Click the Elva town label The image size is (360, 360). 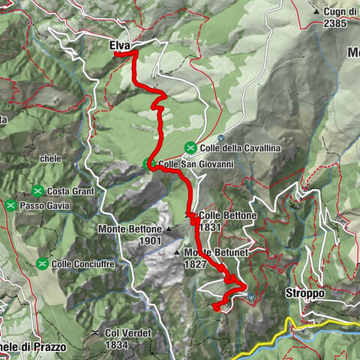pyautogui.click(x=118, y=46)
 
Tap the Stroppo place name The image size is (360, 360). pyautogui.click(x=304, y=293)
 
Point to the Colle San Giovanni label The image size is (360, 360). pyautogui.click(x=196, y=164)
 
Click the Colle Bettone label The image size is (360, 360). pyautogui.click(x=229, y=215)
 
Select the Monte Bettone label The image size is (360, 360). pyautogui.click(x=129, y=228)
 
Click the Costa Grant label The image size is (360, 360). pyautogui.click(x=73, y=191)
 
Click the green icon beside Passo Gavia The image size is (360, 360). pyautogui.click(x=10, y=205)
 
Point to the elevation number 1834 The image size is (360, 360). pyautogui.click(x=117, y=344)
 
